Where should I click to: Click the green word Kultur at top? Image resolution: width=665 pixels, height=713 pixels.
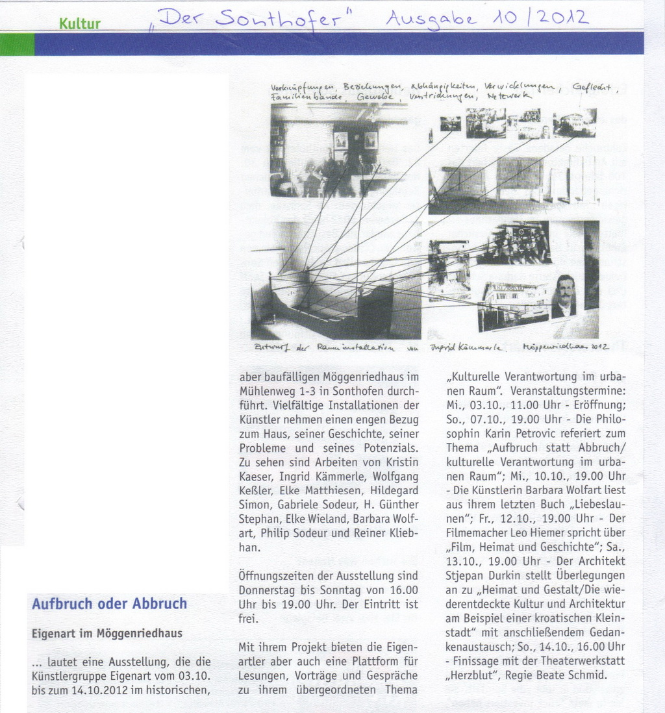tap(80, 24)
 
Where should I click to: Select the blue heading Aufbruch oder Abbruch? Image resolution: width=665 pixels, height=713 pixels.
tap(109, 603)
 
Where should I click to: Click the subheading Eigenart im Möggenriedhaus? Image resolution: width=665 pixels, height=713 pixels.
tap(107, 633)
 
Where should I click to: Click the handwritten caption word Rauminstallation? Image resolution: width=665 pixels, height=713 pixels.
tap(355, 348)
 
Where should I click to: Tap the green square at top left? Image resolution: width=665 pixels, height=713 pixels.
tap(17, 44)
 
